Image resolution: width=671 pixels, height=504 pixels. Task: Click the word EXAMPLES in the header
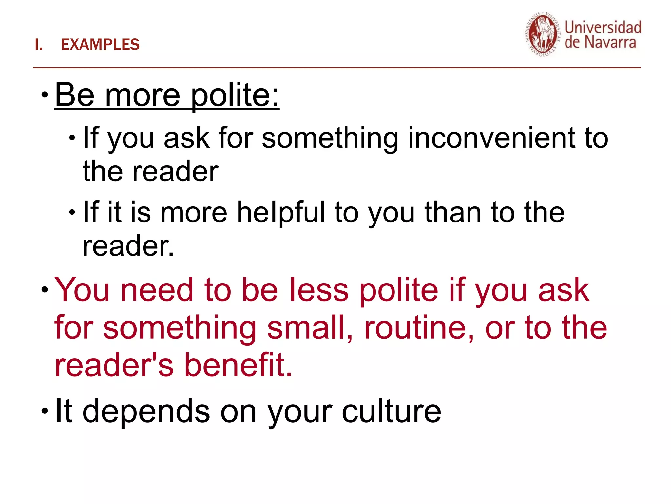point(100,45)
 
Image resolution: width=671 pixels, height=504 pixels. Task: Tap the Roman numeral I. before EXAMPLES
point(39,45)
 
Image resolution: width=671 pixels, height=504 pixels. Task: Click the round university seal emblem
point(543,35)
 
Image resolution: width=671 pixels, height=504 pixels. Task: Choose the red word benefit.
point(238,365)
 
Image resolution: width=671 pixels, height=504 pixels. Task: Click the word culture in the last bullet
point(392,411)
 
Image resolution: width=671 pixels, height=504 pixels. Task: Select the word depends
point(146,411)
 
